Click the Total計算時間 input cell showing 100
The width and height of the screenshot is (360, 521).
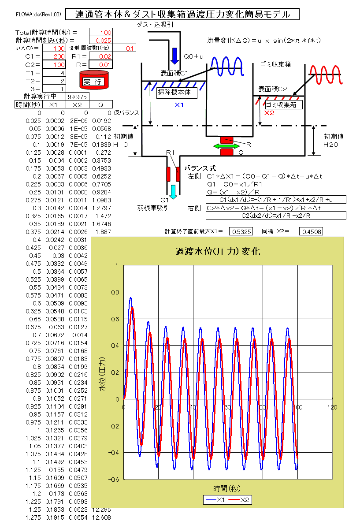pyautogui.click(x=101, y=33)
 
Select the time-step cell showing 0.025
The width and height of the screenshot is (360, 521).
pyautogui.click(x=101, y=41)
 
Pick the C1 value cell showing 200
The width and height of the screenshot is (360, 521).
pyautogui.click(x=54, y=57)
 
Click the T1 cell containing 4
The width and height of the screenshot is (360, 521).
pyautogui.click(x=54, y=73)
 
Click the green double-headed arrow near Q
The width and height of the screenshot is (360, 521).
pyautogui.click(x=226, y=146)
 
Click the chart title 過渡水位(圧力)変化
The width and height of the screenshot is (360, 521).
pyautogui.click(x=217, y=252)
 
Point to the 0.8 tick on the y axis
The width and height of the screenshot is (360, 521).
pyautogui.click(x=115, y=292)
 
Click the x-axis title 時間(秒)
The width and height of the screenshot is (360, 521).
pyautogui.click(x=227, y=488)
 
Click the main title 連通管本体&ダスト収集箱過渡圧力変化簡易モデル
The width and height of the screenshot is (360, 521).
pyautogui.click(x=182, y=15)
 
